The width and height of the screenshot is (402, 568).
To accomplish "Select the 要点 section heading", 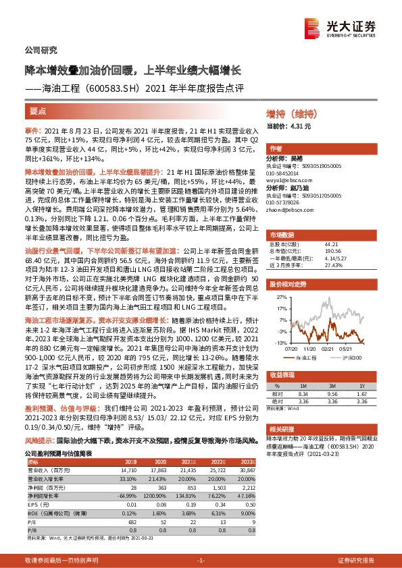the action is click(x=38, y=110).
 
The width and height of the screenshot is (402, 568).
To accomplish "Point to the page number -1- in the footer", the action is click(x=201, y=561).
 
